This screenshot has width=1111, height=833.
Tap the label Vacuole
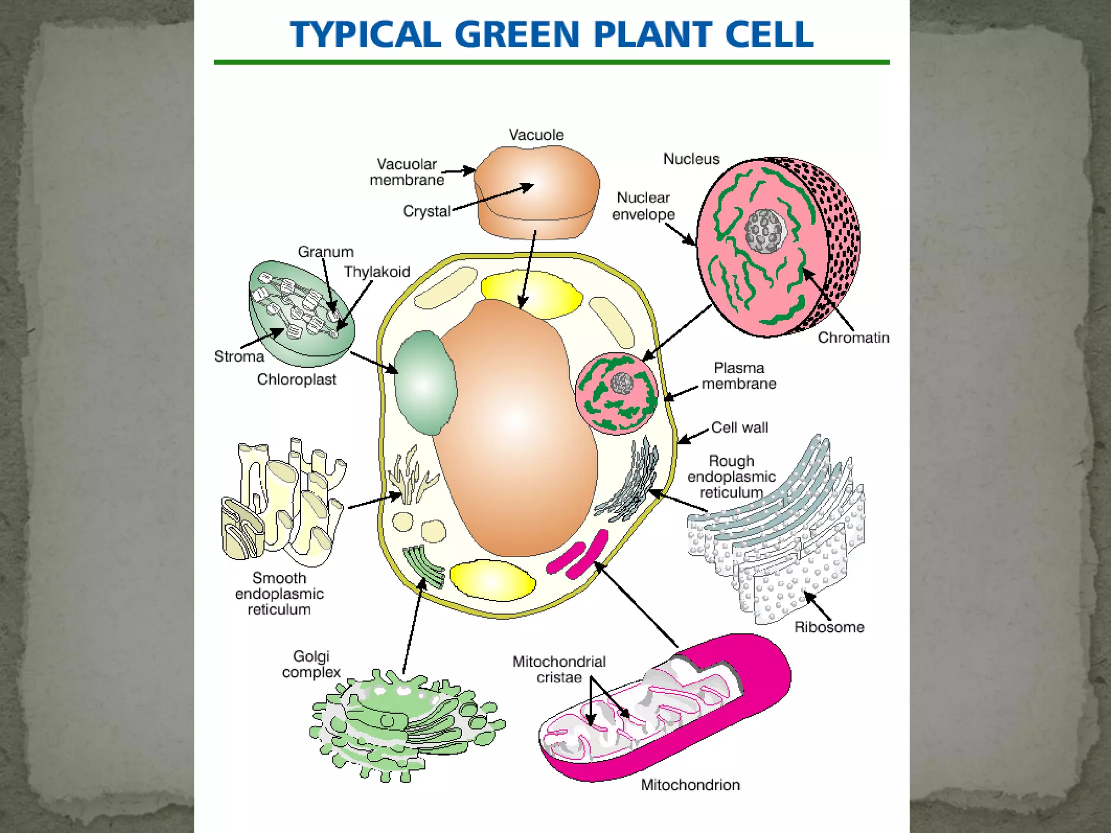(x=536, y=135)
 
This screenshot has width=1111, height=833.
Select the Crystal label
(x=426, y=211)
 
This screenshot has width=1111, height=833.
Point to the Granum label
(x=325, y=252)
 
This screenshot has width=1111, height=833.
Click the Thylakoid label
(x=377, y=272)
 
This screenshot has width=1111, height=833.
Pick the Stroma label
(x=239, y=356)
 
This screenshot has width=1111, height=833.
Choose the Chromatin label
(x=853, y=337)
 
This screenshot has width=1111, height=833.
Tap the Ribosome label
(x=829, y=627)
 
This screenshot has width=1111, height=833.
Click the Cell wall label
(x=739, y=427)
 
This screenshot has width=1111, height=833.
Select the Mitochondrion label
(x=690, y=785)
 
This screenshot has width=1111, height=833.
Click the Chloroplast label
(x=296, y=379)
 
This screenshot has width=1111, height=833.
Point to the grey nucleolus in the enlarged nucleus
(x=765, y=232)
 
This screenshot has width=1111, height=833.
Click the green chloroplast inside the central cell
(x=425, y=382)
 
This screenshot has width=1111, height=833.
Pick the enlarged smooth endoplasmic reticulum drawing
(x=282, y=504)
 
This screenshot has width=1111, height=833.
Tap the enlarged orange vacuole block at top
(x=537, y=193)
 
